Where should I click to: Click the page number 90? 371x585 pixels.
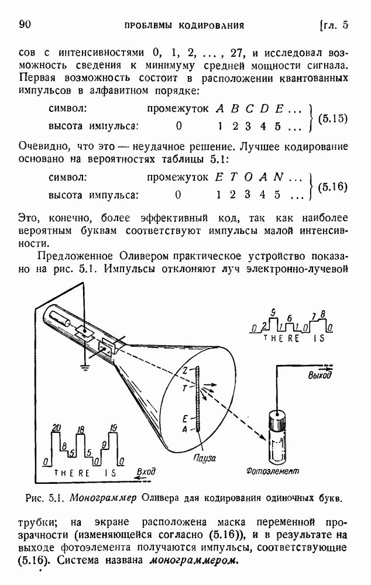click(25, 25)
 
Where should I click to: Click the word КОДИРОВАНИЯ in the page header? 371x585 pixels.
click(211, 26)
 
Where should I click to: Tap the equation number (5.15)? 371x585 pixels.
click(332, 118)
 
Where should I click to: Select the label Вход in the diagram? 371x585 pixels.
click(146, 472)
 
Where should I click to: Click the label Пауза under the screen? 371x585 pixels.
click(205, 457)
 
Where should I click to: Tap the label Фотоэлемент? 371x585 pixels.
click(273, 471)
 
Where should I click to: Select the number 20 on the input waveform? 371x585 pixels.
click(56, 428)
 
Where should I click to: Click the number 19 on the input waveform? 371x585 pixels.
click(114, 428)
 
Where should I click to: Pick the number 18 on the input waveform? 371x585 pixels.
click(80, 430)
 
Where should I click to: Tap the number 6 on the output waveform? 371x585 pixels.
click(289, 318)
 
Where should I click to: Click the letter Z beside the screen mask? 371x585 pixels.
click(185, 370)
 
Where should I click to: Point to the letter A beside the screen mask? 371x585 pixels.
click(184, 429)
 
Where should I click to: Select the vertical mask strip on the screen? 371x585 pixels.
click(197, 399)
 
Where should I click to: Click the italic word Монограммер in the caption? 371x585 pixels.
click(104, 498)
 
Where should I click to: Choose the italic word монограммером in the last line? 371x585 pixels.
click(193, 561)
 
